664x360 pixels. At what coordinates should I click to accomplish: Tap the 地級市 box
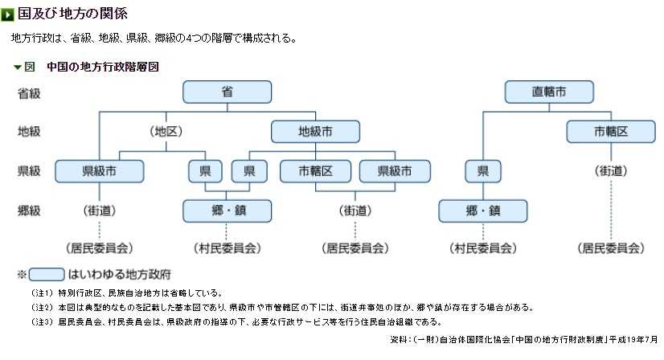point(314,131)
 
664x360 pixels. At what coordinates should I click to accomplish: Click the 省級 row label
point(29,92)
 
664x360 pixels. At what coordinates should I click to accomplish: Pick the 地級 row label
point(29,131)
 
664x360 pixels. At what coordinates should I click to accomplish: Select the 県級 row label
point(29,170)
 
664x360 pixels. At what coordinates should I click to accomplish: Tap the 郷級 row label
point(29,211)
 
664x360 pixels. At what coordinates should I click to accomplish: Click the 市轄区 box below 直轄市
point(611,131)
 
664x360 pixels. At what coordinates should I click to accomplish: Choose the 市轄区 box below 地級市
point(314,170)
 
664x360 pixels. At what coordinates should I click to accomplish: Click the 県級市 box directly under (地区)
point(99,170)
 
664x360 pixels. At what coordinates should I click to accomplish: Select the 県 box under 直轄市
point(482,170)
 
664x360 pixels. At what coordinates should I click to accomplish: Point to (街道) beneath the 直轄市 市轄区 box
point(611,170)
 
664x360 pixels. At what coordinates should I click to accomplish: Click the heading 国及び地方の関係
point(72,14)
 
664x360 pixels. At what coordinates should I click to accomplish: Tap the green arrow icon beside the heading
point(8,14)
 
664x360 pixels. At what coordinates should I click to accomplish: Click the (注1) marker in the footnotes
point(42,292)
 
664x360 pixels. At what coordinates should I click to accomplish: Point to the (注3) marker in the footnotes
point(42,321)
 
